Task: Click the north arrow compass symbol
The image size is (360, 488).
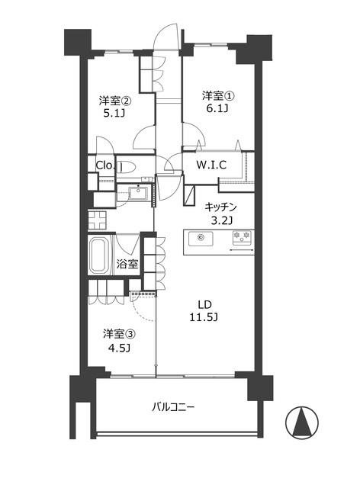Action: (x=302, y=422)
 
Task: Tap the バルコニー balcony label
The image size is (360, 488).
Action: (x=173, y=407)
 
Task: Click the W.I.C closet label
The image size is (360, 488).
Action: (x=211, y=165)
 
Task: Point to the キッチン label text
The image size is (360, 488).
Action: (x=220, y=207)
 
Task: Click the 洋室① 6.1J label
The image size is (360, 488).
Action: (x=218, y=101)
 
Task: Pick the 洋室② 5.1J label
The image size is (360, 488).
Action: (x=114, y=107)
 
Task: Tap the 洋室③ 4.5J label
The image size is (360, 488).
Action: (x=119, y=341)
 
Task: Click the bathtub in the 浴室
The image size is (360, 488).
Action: (x=98, y=254)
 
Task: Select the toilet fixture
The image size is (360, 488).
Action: (x=127, y=167)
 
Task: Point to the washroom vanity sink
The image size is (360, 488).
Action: (x=138, y=192)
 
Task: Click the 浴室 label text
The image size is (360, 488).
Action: (x=127, y=265)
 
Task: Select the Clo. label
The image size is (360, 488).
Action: (x=105, y=165)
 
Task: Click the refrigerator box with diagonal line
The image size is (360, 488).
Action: (x=189, y=195)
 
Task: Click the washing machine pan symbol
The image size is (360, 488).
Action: (x=97, y=220)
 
